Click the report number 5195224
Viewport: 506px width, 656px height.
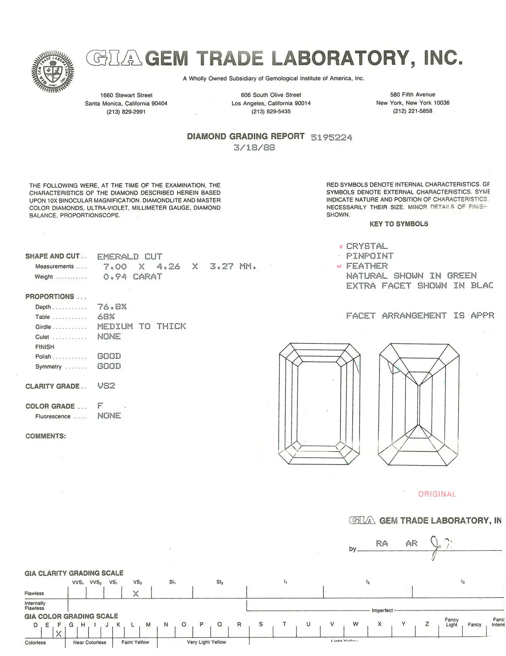click(331, 138)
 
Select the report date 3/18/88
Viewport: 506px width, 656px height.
click(254, 148)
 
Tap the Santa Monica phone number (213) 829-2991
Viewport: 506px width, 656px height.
click(126, 112)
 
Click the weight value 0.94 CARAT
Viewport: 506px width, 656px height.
click(132, 277)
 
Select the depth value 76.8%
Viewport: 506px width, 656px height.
click(112, 307)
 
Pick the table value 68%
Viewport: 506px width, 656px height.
click(106, 317)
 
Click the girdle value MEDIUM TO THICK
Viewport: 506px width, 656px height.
click(142, 326)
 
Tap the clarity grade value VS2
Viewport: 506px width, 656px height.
click(106, 386)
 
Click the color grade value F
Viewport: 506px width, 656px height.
click(100, 406)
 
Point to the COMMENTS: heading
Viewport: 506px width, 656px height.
click(45, 436)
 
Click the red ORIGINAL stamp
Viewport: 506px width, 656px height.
click(437, 494)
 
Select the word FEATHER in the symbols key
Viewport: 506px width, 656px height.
click(367, 266)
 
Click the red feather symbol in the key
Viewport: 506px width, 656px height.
click(339, 266)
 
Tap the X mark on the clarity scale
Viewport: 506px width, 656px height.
click(136, 594)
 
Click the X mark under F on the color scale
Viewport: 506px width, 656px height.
click(59, 634)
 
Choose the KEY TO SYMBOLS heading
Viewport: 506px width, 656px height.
click(398, 224)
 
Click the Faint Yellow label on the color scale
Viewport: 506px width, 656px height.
click(135, 642)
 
